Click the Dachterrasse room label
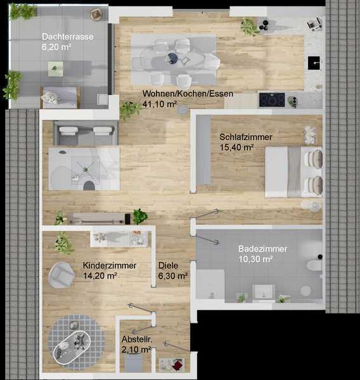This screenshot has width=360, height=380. click(x=68, y=37)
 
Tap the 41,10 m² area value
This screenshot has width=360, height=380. click(x=160, y=104)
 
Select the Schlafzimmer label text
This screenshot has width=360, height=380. click(x=246, y=137)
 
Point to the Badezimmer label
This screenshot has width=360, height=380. click(x=262, y=249)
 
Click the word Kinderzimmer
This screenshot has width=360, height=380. click(x=110, y=265)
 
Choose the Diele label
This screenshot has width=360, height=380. click(x=168, y=265)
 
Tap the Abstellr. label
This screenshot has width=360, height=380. click(x=137, y=339)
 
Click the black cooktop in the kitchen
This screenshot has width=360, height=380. click(x=272, y=100)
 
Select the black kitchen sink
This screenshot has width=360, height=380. click(x=314, y=63)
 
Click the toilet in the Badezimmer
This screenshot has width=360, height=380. click(x=314, y=265)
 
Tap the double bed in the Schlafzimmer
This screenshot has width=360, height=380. click(x=294, y=172)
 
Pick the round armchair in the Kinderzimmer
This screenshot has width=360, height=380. click(x=61, y=275)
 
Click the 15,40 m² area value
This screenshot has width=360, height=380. click(x=236, y=148)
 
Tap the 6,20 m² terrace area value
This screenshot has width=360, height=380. click(x=56, y=47)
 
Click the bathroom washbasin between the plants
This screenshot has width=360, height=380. click(x=264, y=292)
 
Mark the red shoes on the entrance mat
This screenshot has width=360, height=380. click(x=177, y=365)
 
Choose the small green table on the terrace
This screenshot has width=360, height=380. click(x=55, y=68)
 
